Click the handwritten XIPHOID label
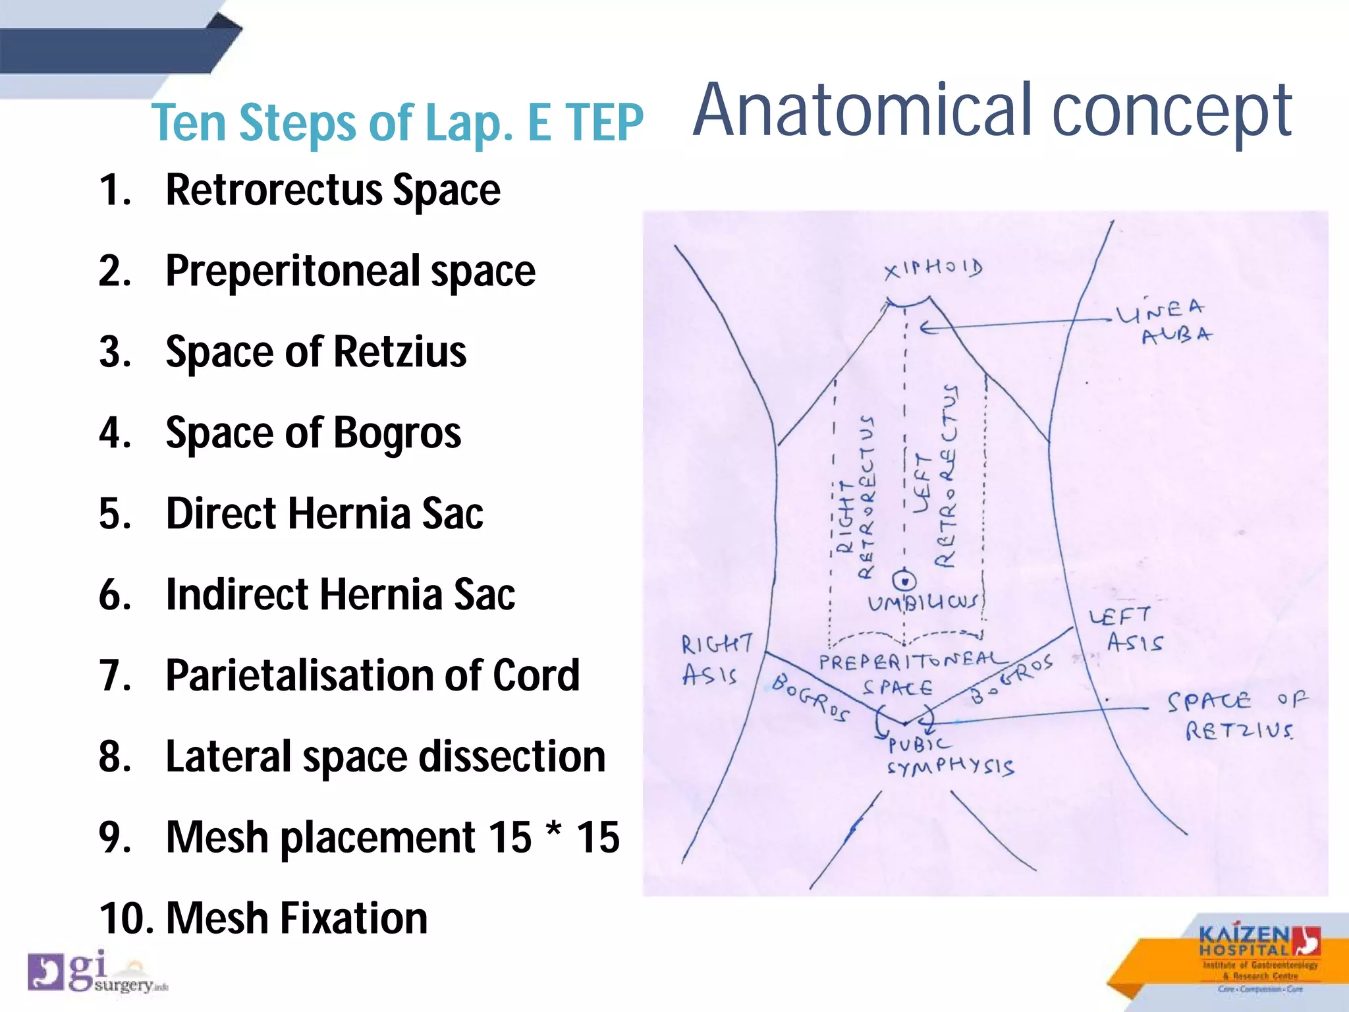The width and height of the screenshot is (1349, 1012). click(x=933, y=269)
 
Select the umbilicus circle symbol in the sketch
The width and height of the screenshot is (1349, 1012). click(x=904, y=580)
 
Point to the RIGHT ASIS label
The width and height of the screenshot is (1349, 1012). click(x=714, y=660)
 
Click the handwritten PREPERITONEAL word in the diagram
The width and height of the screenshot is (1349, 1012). click(x=912, y=661)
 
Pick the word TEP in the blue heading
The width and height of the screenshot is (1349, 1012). click(x=604, y=123)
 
